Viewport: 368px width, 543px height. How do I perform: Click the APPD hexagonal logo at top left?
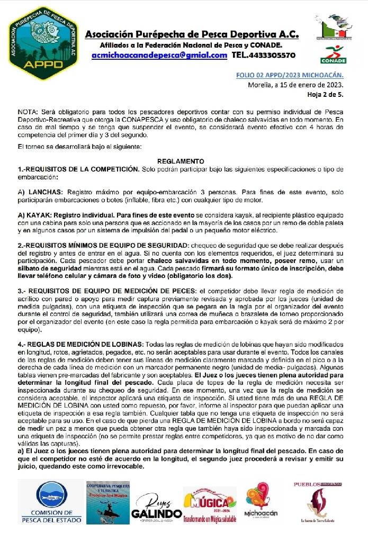tap(43, 43)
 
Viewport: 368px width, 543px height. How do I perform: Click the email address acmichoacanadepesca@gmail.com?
tap(159, 55)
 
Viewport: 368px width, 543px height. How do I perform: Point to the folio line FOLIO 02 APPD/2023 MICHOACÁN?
tap(290, 75)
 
